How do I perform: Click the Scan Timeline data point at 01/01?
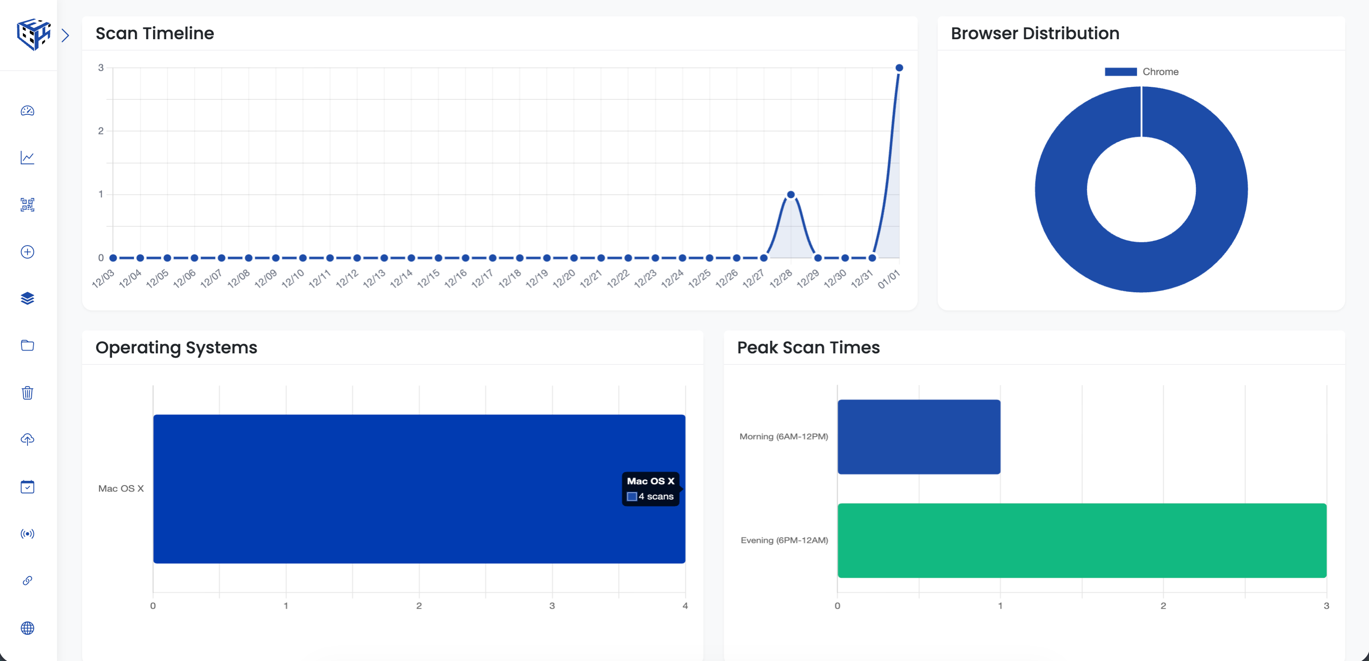(x=899, y=68)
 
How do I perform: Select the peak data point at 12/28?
(x=790, y=195)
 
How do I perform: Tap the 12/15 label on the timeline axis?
(x=428, y=278)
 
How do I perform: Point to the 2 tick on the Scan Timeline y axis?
(x=100, y=131)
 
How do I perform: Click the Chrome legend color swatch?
(x=1120, y=72)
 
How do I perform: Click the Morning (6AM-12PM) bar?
(x=918, y=436)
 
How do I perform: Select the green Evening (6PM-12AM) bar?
(x=1082, y=540)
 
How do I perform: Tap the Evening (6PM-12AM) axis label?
(x=784, y=540)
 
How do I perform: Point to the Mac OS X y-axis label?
(x=121, y=488)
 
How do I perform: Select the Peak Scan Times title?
(x=808, y=347)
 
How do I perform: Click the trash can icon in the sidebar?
(x=28, y=393)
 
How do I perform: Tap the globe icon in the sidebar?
(x=28, y=628)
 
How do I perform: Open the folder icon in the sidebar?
(x=28, y=345)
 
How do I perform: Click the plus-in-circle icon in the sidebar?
(x=28, y=252)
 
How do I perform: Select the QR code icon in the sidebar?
(x=28, y=205)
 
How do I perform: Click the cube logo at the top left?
(x=34, y=35)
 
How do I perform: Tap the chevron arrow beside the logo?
(x=65, y=35)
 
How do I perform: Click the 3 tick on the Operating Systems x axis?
(x=552, y=606)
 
